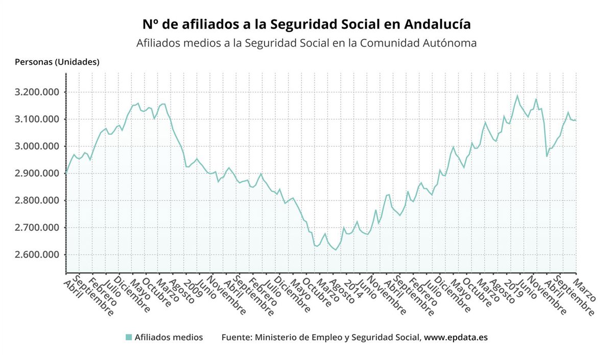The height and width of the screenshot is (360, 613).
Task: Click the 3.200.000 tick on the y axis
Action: [38, 92]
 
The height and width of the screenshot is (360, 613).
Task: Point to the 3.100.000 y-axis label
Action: [38, 119]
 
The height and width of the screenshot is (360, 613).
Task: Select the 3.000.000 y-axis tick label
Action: [38, 147]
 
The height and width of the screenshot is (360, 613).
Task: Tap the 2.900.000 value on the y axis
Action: [38, 174]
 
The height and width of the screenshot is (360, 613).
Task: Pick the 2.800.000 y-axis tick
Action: [38, 201]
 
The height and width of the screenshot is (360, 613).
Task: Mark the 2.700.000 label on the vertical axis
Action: [38, 228]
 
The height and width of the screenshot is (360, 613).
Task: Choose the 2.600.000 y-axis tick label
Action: [38, 255]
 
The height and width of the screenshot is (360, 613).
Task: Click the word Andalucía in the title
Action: [437, 25]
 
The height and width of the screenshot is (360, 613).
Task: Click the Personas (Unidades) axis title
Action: [57, 62]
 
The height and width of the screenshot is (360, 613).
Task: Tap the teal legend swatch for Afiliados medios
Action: [129, 338]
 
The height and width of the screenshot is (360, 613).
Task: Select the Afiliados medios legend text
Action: [169, 338]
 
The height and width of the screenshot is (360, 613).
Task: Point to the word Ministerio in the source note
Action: [276, 338]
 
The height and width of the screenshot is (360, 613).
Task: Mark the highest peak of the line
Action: [517, 95]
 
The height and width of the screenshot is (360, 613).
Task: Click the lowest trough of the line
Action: [335, 250]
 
